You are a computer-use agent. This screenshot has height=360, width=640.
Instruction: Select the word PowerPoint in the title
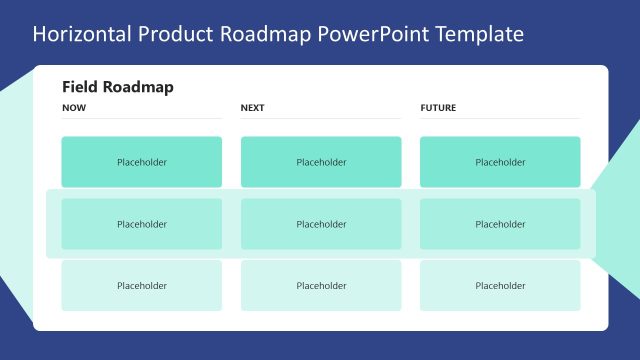click(x=368, y=34)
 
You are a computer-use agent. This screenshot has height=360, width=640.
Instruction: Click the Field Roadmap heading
click(x=118, y=87)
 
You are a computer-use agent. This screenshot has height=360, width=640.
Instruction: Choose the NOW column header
click(x=74, y=108)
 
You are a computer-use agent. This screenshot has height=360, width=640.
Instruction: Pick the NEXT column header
click(x=253, y=108)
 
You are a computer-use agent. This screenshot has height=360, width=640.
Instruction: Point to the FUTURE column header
click(x=438, y=108)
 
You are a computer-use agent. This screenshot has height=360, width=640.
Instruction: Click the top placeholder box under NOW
click(x=142, y=162)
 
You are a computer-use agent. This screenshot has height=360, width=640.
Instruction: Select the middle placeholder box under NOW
click(x=142, y=224)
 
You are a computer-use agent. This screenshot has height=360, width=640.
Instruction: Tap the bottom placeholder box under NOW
click(x=142, y=285)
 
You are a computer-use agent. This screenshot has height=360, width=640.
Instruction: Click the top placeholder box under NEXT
click(x=321, y=162)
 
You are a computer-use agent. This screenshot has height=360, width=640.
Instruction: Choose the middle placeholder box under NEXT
click(x=321, y=224)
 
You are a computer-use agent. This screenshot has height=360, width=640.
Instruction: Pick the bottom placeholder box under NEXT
click(x=321, y=285)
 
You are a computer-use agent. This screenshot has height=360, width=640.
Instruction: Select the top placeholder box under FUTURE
click(x=500, y=162)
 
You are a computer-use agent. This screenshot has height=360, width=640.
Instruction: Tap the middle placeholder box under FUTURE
click(x=500, y=224)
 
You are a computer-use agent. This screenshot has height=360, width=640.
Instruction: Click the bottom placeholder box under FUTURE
click(x=500, y=285)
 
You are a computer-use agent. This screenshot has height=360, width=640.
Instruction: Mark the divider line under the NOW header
click(x=142, y=119)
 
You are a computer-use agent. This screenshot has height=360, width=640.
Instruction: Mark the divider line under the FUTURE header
click(x=500, y=119)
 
